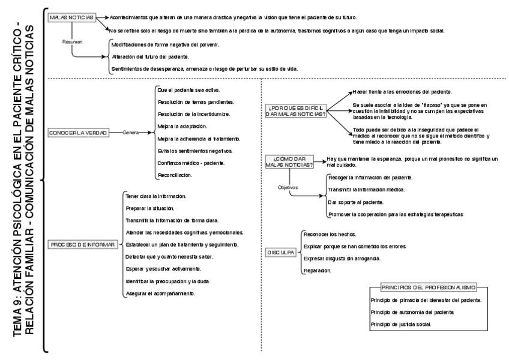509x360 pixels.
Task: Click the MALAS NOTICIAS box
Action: pos(73,17)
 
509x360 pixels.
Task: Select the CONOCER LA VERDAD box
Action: pos(77,132)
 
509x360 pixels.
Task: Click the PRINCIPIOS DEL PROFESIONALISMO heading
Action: pos(429,287)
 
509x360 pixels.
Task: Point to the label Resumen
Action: pos(72,42)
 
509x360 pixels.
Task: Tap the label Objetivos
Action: pos(288,187)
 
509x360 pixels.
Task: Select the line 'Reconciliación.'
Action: pos(174,175)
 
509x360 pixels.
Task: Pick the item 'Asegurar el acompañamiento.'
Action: pos(160,293)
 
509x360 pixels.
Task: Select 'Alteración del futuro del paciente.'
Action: pos(151,56)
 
